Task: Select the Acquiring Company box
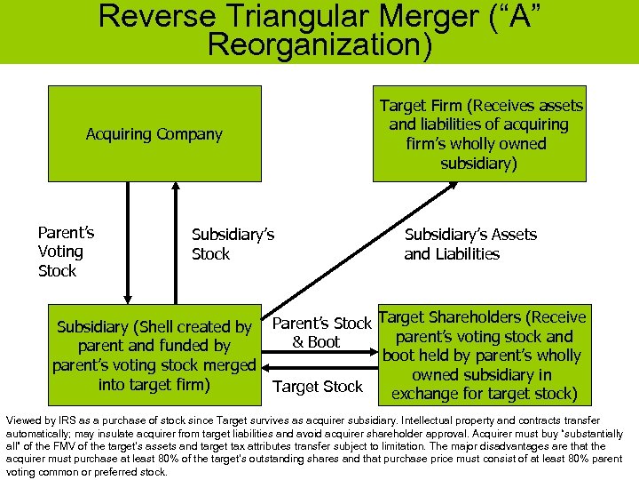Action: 154,133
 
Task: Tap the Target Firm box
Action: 479,133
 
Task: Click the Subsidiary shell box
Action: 154,356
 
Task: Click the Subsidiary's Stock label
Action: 233,244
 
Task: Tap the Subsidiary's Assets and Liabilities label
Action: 470,244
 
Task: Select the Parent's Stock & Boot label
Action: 320,332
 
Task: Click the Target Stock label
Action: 318,387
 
